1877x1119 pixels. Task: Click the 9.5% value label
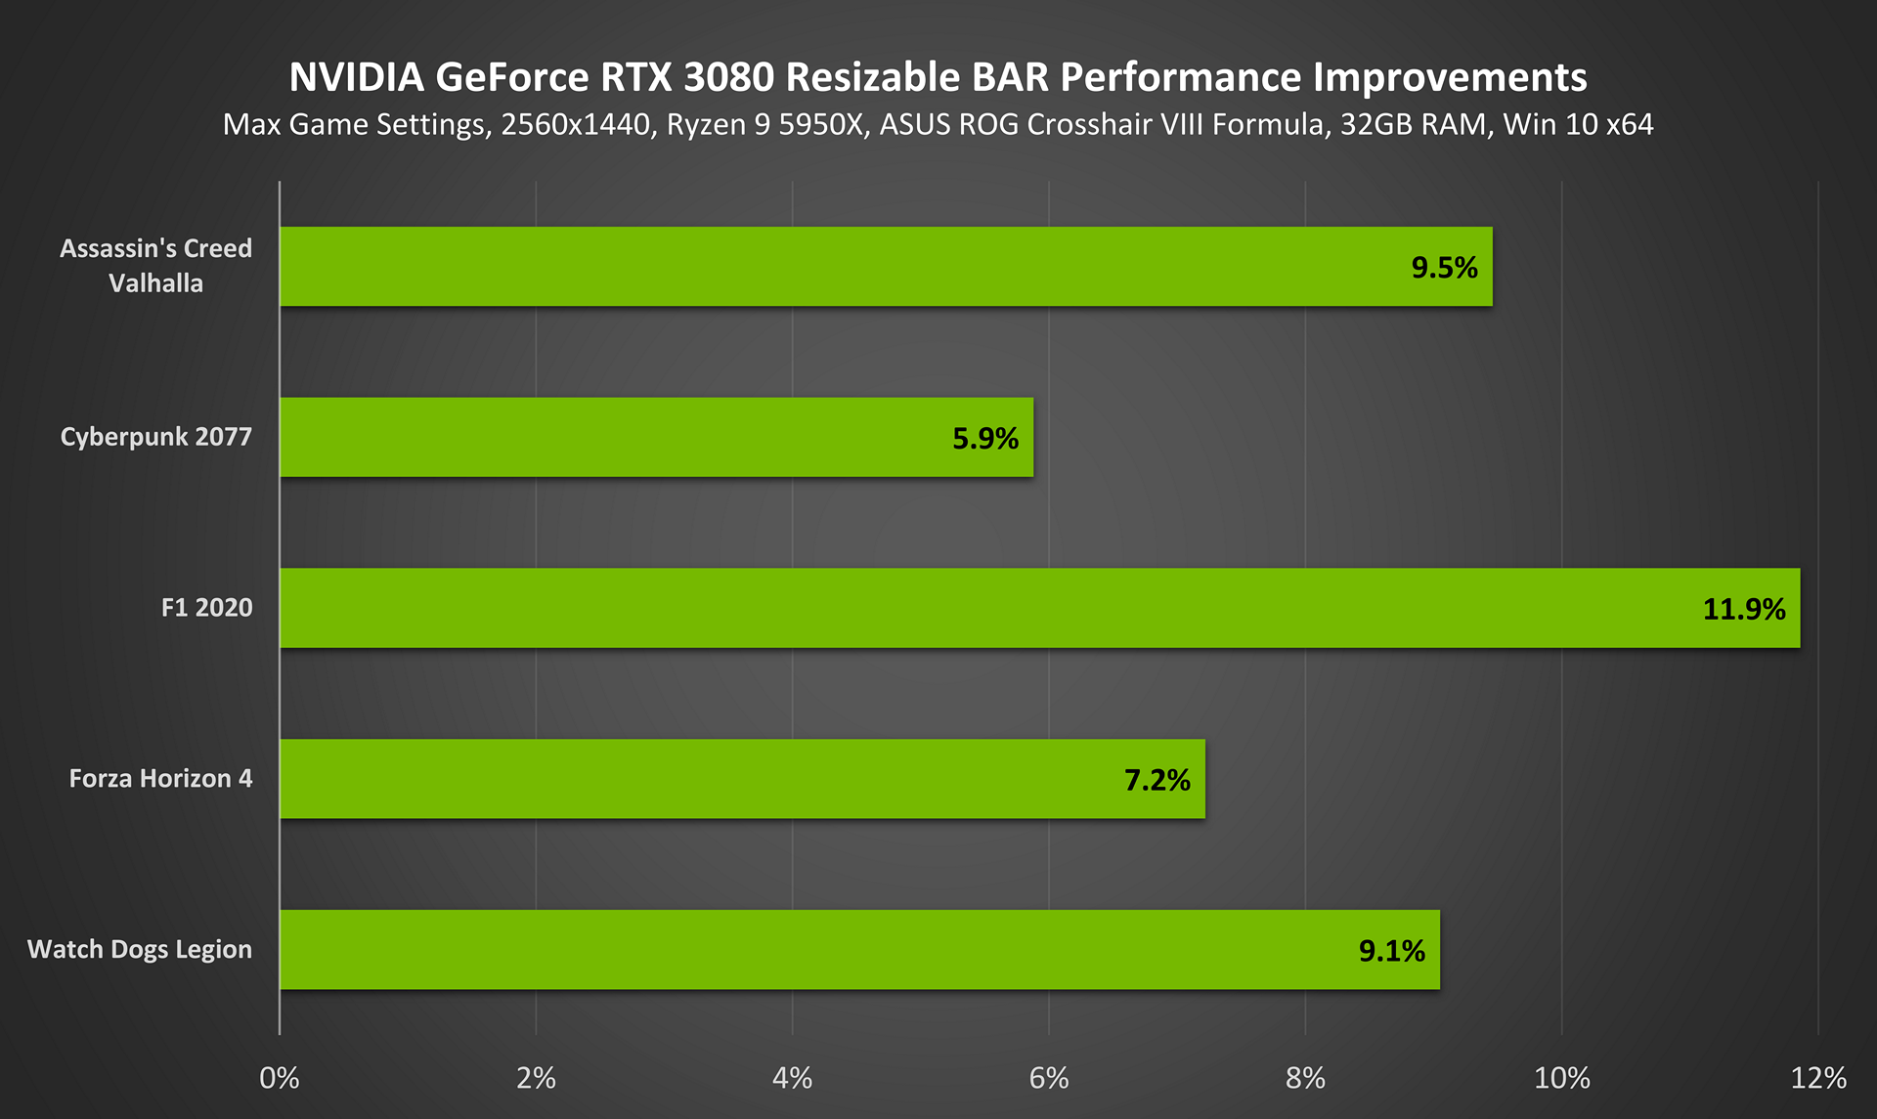[x=1444, y=268]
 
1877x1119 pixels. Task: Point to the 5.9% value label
[x=985, y=439]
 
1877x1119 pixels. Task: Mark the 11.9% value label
[x=1744, y=610]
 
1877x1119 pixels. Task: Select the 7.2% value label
[x=1157, y=781]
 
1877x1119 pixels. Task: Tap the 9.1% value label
[x=1392, y=952]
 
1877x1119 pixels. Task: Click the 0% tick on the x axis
[x=280, y=1078]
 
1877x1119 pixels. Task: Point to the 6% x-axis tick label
[x=1049, y=1078]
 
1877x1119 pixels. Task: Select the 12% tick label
[x=1818, y=1078]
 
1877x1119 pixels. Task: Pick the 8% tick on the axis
[x=1305, y=1078]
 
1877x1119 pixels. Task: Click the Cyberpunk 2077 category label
[x=156, y=437]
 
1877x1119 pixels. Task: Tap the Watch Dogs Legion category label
[x=140, y=950]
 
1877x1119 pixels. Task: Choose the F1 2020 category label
[x=206, y=608]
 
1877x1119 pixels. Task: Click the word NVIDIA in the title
[x=357, y=77]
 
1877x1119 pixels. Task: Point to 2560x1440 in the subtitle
[x=576, y=125]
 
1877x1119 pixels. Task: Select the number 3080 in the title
[x=728, y=77]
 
